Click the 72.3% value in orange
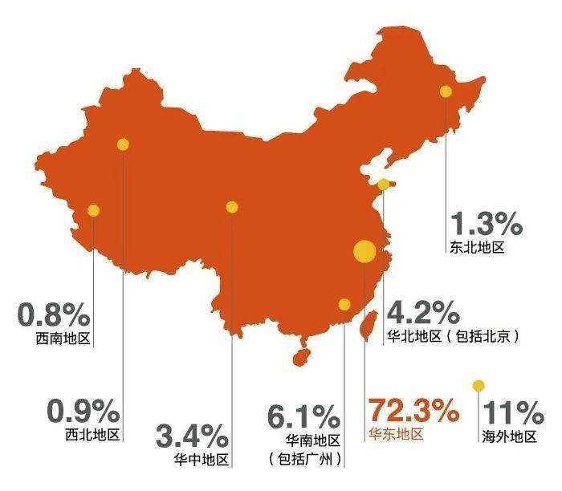click(x=413, y=413)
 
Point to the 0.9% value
click(x=83, y=412)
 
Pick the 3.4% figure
click(x=191, y=437)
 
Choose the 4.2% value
click(x=424, y=312)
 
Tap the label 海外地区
click(x=510, y=436)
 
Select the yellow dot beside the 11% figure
click(x=479, y=386)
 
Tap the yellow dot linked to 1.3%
click(x=446, y=91)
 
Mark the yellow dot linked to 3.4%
click(x=232, y=207)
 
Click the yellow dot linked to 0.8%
click(x=94, y=211)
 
